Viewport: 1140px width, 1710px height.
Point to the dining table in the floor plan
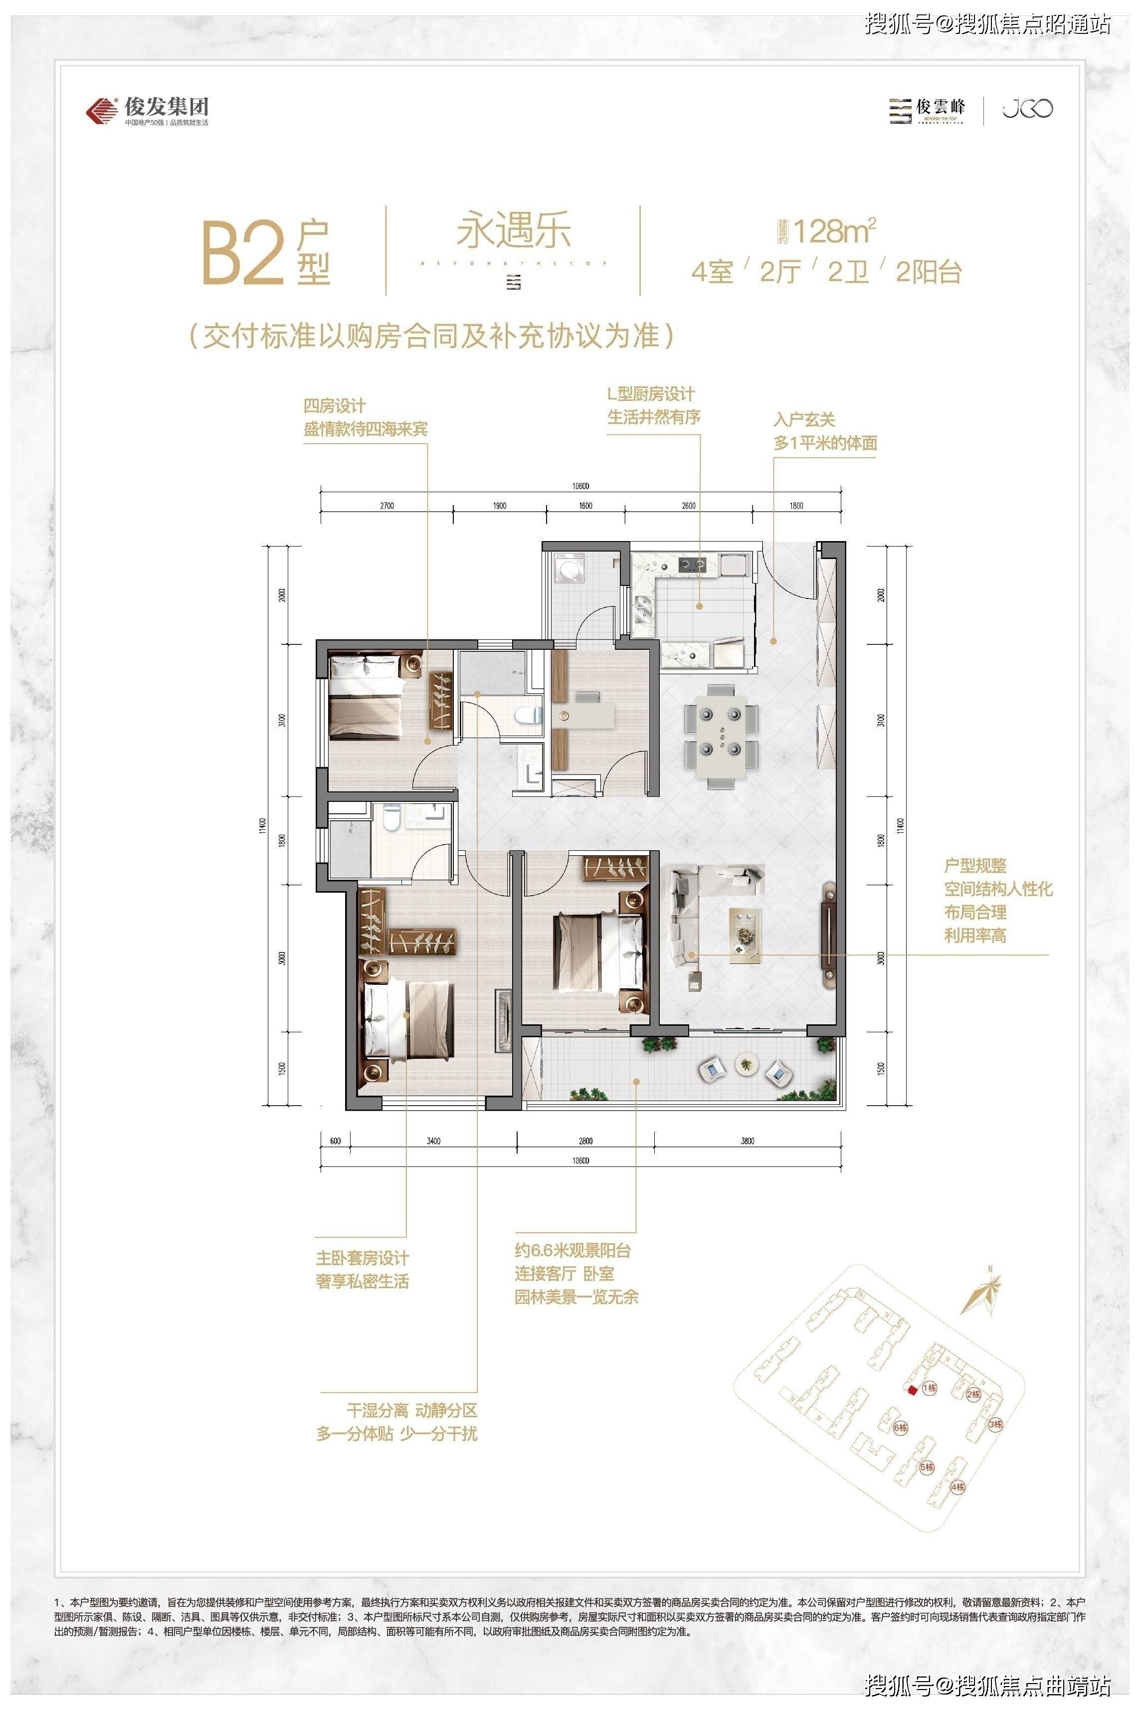click(x=721, y=735)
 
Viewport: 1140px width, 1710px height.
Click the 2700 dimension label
click(x=387, y=505)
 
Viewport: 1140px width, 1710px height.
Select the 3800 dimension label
click(x=748, y=1140)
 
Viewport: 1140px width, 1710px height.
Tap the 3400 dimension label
click(x=433, y=1140)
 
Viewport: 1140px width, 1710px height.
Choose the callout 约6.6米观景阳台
click(x=573, y=1251)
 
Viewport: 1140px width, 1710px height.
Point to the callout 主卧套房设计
click(x=362, y=1258)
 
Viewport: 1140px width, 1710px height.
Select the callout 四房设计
click(x=335, y=406)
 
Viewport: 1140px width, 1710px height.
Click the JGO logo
click(x=1028, y=109)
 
